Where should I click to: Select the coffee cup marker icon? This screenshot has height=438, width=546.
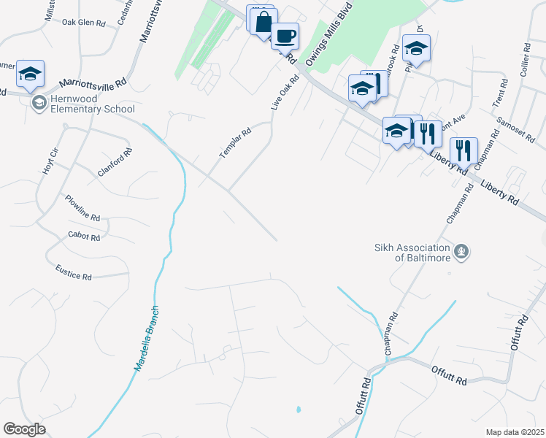pyautogui.click(x=285, y=35)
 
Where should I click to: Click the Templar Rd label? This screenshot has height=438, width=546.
pyautogui.click(x=235, y=144)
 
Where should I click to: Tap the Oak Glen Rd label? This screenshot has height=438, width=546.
pyautogui.click(x=83, y=23)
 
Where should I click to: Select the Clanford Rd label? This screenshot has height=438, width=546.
pyautogui.click(x=115, y=163)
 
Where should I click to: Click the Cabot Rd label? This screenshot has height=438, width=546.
pyautogui.click(x=82, y=235)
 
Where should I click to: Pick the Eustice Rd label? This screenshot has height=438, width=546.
pyautogui.click(x=74, y=272)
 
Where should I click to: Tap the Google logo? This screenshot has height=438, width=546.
pyautogui.click(x=24, y=429)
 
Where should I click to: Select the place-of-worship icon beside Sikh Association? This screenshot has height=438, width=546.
pyautogui.click(x=461, y=253)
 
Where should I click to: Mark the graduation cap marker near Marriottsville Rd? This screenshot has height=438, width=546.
pyautogui.click(x=31, y=74)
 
